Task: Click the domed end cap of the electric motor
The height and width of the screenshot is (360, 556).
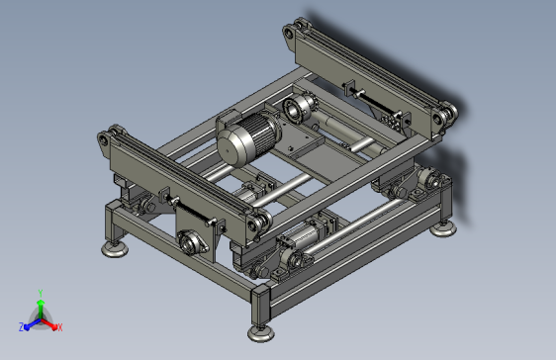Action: [x=232, y=146]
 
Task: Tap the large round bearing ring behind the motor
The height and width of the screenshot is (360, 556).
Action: [x=293, y=110]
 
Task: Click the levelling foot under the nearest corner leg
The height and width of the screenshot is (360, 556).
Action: [x=261, y=333]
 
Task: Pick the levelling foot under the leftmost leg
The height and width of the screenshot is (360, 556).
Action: [x=114, y=249]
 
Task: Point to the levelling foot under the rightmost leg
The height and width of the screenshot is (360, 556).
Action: [x=443, y=228]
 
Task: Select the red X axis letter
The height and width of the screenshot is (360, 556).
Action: [x=60, y=327]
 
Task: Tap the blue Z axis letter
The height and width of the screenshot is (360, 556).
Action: [x=22, y=327]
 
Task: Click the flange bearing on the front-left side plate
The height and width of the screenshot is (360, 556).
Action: [x=191, y=243]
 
